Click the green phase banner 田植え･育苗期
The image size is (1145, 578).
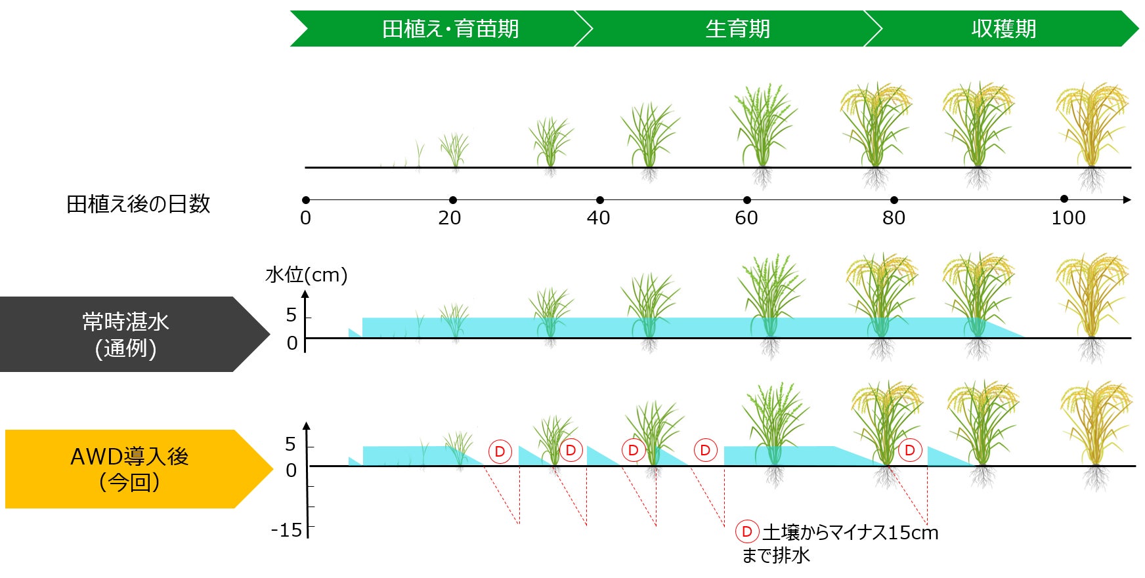450,29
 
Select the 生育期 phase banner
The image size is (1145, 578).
737,29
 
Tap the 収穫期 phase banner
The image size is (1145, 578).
1003,29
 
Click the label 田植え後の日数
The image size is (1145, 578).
138,204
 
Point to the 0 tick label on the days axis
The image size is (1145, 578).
305,218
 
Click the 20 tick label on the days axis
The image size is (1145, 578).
450,218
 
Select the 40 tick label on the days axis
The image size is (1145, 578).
598,218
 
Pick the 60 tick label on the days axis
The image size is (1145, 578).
746,218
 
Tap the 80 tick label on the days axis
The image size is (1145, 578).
894,218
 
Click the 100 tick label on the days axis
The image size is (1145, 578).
1068,218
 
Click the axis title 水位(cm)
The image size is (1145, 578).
306,274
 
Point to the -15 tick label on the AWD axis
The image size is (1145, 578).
286,530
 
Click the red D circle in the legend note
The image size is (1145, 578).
746,531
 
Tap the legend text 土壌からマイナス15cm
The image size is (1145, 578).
850,532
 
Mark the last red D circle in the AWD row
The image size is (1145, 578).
910,450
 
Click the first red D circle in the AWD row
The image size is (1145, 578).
500,451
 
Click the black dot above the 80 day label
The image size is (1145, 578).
894,200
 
